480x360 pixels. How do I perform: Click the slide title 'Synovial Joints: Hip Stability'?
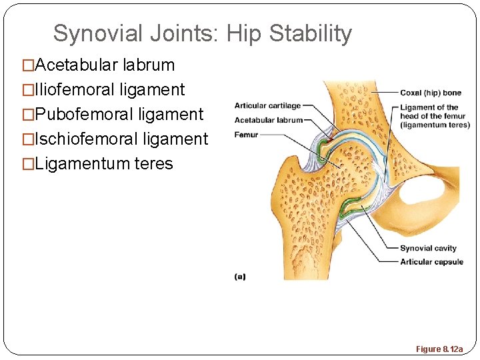202,33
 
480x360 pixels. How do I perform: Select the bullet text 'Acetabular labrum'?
105,65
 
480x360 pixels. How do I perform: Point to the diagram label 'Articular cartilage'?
267,105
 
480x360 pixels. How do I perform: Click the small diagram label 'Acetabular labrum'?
267,120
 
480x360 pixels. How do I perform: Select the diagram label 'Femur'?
245,135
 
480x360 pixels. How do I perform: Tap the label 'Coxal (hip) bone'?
430,93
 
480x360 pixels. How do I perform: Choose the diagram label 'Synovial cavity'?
428,249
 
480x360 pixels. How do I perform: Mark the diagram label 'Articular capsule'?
431,262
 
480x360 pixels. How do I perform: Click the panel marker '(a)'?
239,276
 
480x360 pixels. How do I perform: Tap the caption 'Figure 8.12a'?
439,349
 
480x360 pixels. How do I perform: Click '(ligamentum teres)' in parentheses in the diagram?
435,125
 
